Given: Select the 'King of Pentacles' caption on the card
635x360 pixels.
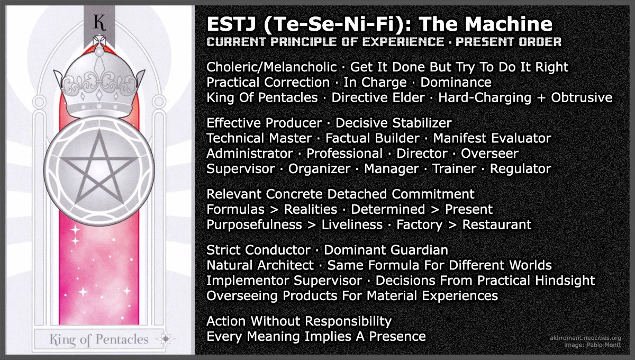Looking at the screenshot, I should [x=99, y=339].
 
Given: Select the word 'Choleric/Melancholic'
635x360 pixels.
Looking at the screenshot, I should [x=271, y=67].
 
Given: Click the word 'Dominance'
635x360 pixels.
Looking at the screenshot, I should [x=456, y=83].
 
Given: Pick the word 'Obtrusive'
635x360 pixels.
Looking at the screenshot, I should [x=582, y=98].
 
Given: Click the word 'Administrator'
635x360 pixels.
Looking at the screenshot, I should [x=249, y=154].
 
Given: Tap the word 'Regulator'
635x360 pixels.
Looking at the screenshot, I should [x=520, y=169].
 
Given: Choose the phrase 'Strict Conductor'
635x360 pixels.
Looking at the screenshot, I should [x=258, y=250].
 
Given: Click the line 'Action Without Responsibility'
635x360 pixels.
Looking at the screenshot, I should [x=299, y=321].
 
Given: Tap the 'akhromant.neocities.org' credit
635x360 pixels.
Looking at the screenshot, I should [x=585, y=338].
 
